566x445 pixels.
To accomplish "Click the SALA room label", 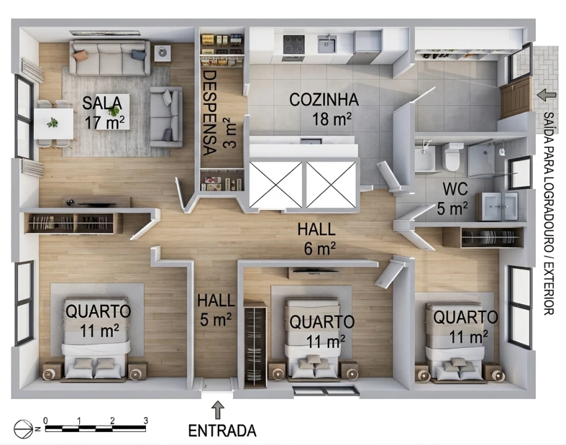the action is [102, 103].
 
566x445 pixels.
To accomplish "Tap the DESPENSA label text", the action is [210, 113].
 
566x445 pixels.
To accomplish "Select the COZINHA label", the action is [324, 100].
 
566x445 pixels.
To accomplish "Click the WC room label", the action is [455, 189].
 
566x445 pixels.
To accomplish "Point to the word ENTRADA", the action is [222, 431].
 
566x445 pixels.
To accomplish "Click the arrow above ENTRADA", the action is [218, 410].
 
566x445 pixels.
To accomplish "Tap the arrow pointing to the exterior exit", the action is [546, 95].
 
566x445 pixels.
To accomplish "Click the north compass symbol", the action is [24, 429].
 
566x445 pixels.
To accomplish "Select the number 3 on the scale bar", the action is [145, 420].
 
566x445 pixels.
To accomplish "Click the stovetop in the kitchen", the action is [293, 44].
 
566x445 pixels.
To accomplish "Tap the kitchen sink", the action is [327, 44].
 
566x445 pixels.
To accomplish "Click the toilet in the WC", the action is [453, 156].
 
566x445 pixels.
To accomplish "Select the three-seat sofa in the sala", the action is [110, 57].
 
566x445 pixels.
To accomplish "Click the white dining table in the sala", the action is [54, 124].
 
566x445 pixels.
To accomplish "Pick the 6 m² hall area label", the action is [319, 248].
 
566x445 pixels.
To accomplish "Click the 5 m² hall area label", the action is [215, 319].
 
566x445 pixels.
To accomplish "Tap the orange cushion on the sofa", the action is [80, 55].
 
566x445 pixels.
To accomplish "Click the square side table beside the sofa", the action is [163, 53].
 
